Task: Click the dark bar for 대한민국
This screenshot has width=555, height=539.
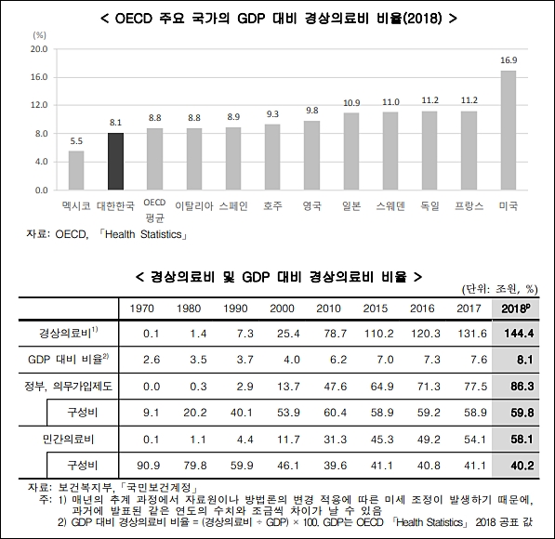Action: [116, 162]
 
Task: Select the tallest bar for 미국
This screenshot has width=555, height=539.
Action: [509, 130]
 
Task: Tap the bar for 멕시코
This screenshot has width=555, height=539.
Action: [76, 171]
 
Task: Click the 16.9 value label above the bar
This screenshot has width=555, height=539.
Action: [509, 60]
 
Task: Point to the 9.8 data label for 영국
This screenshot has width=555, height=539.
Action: [312, 111]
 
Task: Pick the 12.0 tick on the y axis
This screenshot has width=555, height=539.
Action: [39, 105]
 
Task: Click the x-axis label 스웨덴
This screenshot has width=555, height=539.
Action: [390, 206]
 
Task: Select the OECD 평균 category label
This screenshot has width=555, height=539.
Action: [154, 211]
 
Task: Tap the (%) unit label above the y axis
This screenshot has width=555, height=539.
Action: [39, 35]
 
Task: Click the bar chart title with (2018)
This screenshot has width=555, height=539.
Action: [279, 18]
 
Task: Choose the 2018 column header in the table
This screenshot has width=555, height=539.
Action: [516, 309]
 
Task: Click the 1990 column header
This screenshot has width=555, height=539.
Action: [235, 309]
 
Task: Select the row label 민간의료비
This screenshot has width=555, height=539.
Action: [68, 440]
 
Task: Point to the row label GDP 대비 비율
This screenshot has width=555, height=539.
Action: [68, 360]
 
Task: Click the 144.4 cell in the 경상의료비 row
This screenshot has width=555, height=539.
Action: [519, 334]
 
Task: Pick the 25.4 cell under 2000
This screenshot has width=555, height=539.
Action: [288, 334]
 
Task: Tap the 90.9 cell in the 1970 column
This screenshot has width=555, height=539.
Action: [149, 466]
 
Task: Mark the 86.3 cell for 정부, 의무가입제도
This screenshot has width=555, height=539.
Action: [522, 386]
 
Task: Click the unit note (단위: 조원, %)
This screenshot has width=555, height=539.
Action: [499, 290]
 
